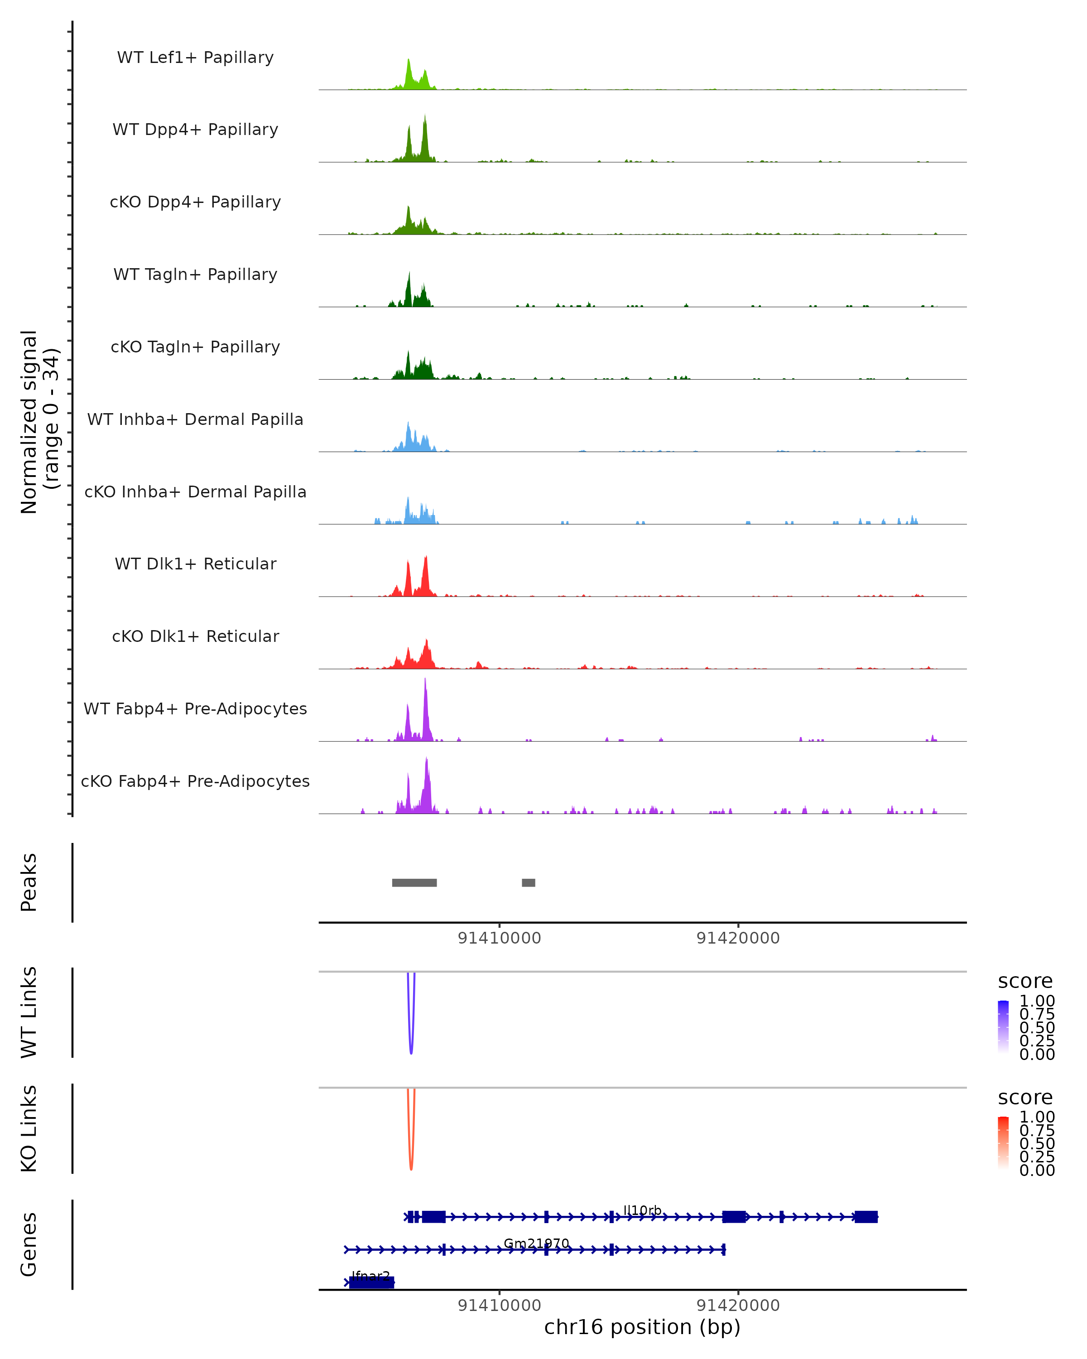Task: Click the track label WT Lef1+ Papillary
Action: [x=195, y=58]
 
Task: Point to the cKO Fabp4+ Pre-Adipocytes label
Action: [x=195, y=781]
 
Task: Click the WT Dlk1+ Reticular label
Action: [x=195, y=564]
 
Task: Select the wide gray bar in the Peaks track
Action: [x=414, y=882]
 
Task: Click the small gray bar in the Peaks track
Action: [x=528, y=882]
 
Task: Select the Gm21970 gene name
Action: [x=536, y=1243]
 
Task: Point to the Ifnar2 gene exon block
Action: [x=372, y=1282]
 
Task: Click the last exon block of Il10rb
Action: [x=866, y=1217]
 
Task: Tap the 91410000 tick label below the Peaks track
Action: [x=499, y=938]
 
